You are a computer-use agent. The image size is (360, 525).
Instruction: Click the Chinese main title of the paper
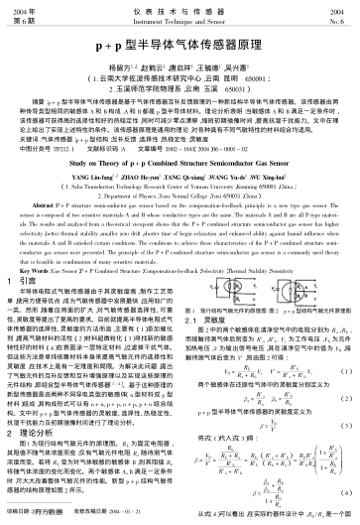[x=180, y=48]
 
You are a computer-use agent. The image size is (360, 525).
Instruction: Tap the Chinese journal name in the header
[x=180, y=9]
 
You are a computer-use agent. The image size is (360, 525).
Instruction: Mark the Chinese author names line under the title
[x=180, y=66]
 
